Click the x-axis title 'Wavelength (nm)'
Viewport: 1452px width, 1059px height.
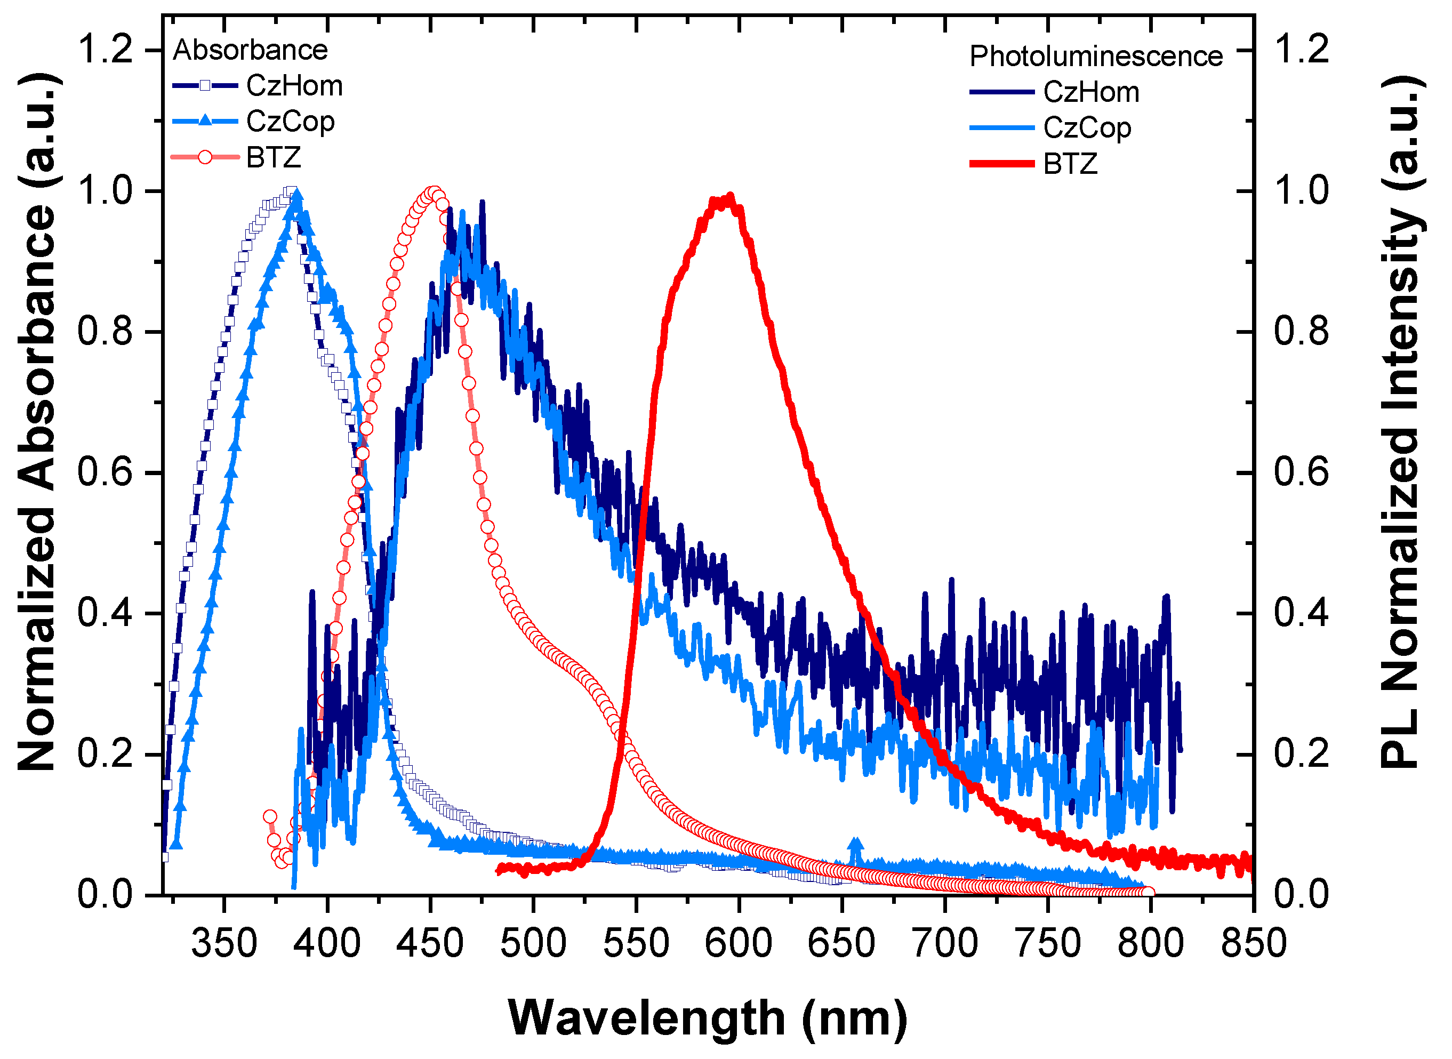click(x=708, y=1017)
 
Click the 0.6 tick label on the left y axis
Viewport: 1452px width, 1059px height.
click(x=105, y=472)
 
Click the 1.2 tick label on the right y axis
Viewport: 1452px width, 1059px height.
click(x=1301, y=50)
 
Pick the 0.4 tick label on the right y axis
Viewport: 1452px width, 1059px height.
click(x=1301, y=613)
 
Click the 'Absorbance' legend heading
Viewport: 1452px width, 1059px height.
click(x=251, y=50)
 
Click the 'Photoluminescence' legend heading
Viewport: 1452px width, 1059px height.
click(x=1096, y=57)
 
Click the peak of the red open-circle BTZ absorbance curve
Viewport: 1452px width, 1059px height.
click(x=434, y=192)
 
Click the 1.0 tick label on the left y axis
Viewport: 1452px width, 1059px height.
click(x=105, y=190)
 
